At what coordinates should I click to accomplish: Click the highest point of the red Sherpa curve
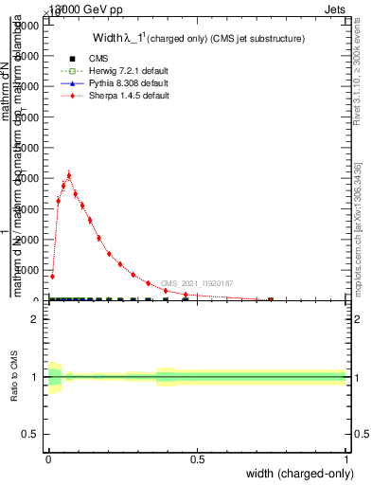click(x=68, y=175)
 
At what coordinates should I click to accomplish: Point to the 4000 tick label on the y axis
click(x=29, y=178)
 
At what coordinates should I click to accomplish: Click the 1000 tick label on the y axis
click(x=29, y=270)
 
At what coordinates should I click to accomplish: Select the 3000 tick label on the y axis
click(x=29, y=208)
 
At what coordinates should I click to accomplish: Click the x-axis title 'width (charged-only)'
click(x=297, y=474)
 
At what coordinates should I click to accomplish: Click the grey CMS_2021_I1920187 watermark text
click(x=196, y=283)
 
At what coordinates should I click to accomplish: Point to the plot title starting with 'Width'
click(x=198, y=39)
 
